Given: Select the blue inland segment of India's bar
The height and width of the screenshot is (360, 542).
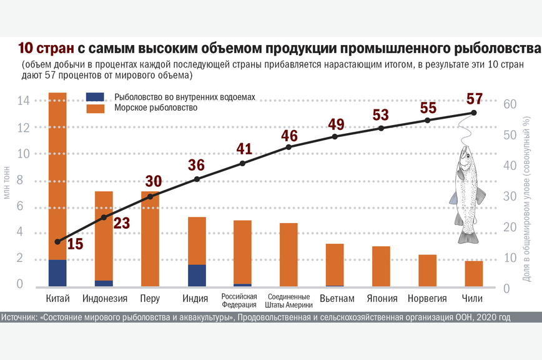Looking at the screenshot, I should coord(197,275).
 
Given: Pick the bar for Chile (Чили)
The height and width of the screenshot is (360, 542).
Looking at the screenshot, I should coord(473,273).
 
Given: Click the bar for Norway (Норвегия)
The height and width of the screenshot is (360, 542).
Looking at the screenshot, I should coord(427,270).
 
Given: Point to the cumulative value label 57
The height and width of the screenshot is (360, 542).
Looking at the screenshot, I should coord(475,99).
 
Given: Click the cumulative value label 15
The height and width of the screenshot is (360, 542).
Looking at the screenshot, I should coord(74,244).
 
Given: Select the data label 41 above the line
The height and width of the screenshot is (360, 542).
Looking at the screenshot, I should coord(244,149).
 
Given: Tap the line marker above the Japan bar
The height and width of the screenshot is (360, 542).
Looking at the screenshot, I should coord(382,127).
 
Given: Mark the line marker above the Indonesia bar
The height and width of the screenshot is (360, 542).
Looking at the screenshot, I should coord(104,217).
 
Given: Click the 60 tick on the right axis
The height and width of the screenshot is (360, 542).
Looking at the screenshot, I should coord(511,104).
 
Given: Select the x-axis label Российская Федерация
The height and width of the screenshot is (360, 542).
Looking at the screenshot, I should coord(240,300).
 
